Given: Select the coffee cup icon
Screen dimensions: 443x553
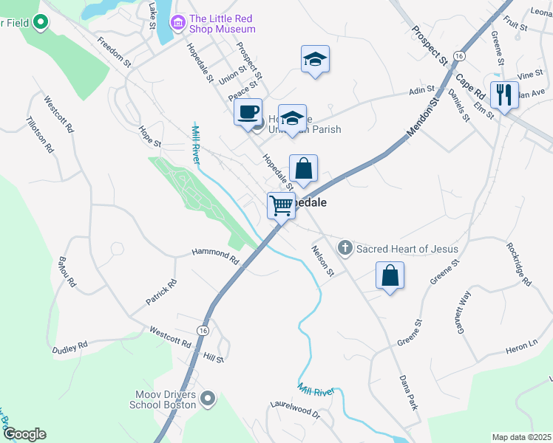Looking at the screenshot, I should pyautogui.click(x=248, y=112).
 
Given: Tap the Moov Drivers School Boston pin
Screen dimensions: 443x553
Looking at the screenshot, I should pyautogui.click(x=208, y=399).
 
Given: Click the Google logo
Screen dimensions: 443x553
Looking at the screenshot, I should pyautogui.click(x=24, y=434).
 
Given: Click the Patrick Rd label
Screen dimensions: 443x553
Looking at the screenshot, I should pyautogui.click(x=161, y=292).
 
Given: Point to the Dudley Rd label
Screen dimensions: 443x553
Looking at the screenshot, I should pyautogui.click(x=70, y=346).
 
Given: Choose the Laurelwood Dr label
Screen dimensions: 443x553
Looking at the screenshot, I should pyautogui.click(x=295, y=410).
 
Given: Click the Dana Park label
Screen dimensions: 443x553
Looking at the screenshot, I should pyautogui.click(x=409, y=391).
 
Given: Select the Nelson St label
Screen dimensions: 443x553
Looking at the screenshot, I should pyautogui.click(x=323, y=261).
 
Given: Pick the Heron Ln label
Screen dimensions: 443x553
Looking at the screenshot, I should pyautogui.click(x=522, y=344).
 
